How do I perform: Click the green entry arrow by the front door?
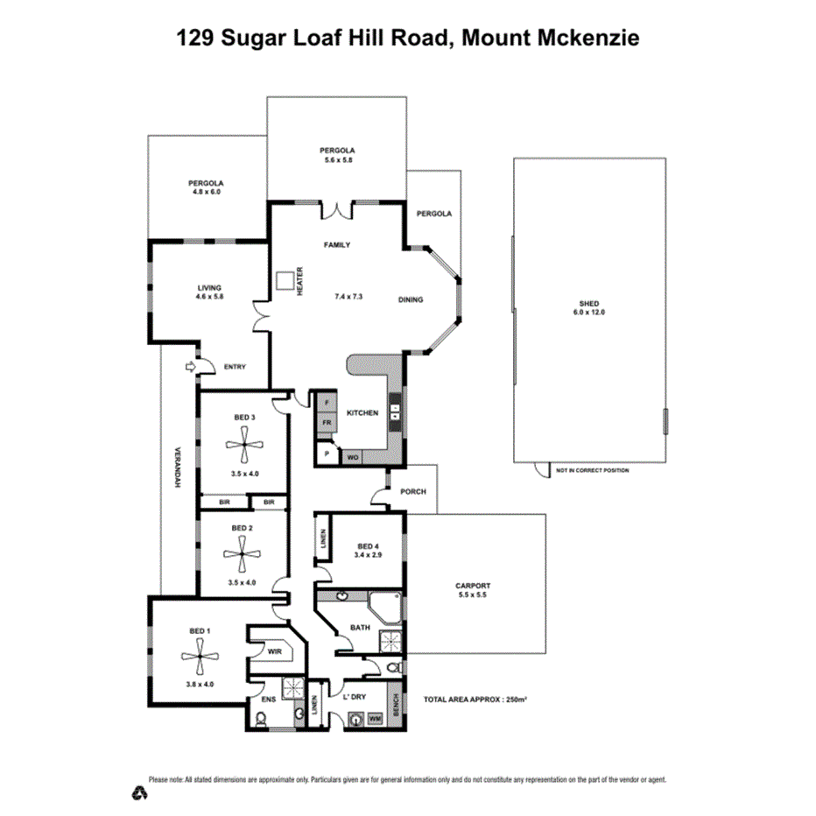click(188, 369)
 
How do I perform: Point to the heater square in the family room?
click(284, 280)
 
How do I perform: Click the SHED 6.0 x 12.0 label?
click(589, 307)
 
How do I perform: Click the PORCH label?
click(412, 491)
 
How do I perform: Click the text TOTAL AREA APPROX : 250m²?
click(475, 700)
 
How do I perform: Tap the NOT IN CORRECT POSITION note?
click(592, 471)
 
